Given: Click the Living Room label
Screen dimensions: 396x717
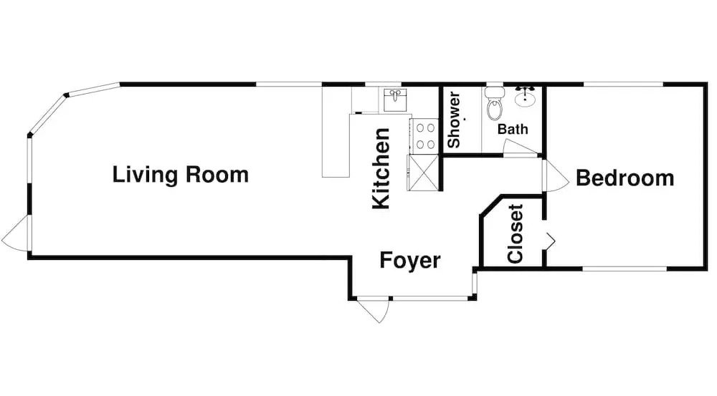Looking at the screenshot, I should click(x=180, y=174).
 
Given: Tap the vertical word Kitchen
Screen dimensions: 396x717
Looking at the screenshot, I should click(x=381, y=169).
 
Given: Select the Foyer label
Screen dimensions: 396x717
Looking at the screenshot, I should click(x=409, y=261).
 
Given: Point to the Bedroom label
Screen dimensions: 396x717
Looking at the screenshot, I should click(x=625, y=178).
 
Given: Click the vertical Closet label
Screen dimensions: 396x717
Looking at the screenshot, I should click(x=515, y=234).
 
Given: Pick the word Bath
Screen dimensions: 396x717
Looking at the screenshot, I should click(x=513, y=130).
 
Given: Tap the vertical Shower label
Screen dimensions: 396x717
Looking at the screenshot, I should click(x=454, y=120).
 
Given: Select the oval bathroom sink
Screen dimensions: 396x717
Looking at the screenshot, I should click(x=526, y=96).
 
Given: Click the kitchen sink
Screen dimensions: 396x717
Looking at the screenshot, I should click(x=395, y=100).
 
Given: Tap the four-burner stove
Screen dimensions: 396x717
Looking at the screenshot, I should click(x=424, y=135).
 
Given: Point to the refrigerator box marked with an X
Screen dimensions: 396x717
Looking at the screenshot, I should click(x=424, y=173).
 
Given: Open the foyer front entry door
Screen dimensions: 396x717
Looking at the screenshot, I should click(x=375, y=309).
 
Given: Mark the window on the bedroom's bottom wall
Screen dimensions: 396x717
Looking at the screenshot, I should click(x=623, y=269).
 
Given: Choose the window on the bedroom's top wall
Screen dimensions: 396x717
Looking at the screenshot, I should click(x=623, y=84).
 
